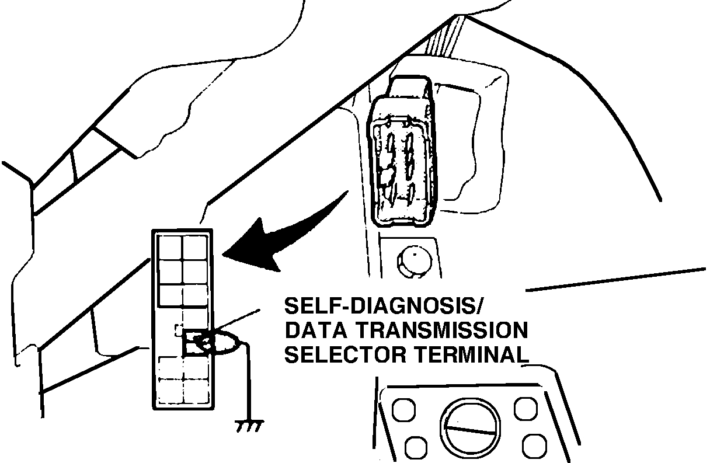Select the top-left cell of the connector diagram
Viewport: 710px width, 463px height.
[170, 248]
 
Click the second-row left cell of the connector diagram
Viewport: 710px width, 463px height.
[170, 272]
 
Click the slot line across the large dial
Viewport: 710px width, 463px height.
[470, 430]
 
